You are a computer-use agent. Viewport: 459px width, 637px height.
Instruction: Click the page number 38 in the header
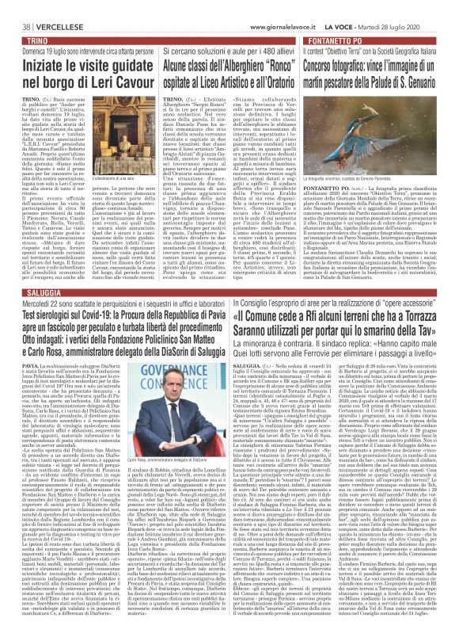point(17,6)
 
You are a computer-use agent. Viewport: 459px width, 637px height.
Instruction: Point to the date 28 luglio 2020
point(428,6)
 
